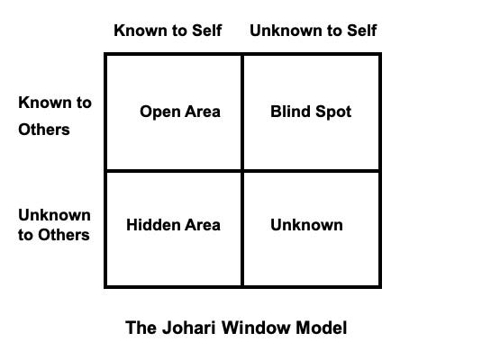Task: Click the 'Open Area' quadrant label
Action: coord(180,112)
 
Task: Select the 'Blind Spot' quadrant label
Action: coord(311,112)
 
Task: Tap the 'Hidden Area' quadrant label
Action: coord(173,225)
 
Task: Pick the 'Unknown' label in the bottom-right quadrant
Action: coord(306,225)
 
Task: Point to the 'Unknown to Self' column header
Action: coord(313,31)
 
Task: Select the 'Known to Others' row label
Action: coord(54,116)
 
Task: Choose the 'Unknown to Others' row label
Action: coord(54,225)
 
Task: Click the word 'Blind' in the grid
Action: coord(289,112)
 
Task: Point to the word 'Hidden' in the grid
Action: coord(152,225)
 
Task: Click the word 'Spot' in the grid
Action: coord(333,112)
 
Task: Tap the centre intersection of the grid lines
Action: coord(242,171)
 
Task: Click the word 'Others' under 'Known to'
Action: coord(43,130)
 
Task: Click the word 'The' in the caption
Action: coord(141,328)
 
